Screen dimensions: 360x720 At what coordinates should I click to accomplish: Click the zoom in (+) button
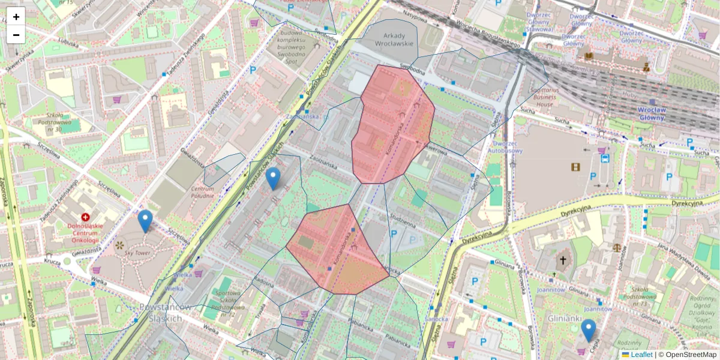click(x=16, y=16)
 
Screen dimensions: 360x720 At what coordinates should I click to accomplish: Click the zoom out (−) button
click(x=16, y=35)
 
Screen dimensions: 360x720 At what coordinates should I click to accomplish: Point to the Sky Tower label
click(x=137, y=253)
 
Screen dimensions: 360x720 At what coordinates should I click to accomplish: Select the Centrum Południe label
click(x=202, y=192)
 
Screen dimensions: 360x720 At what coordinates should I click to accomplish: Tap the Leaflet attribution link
click(x=641, y=355)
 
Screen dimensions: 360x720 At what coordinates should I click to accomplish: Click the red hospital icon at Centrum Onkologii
click(x=85, y=217)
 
